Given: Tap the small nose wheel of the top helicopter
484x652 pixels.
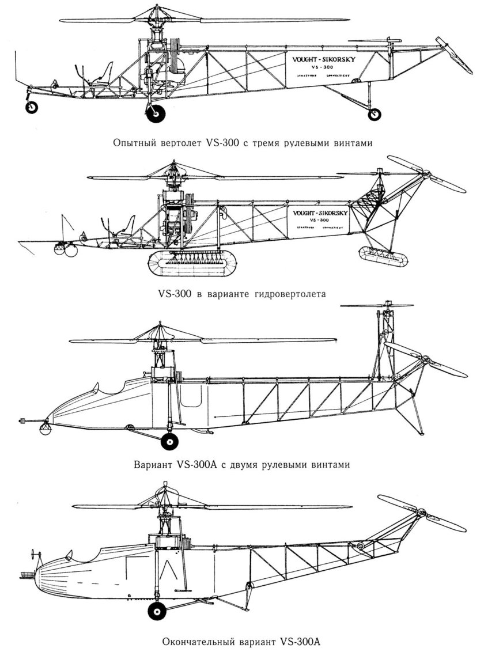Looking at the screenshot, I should pyautogui.click(x=32, y=107).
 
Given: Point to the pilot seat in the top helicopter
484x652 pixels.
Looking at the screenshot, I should pyautogui.click(x=105, y=75).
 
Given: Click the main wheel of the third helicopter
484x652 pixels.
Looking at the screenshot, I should pyautogui.click(x=170, y=441).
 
